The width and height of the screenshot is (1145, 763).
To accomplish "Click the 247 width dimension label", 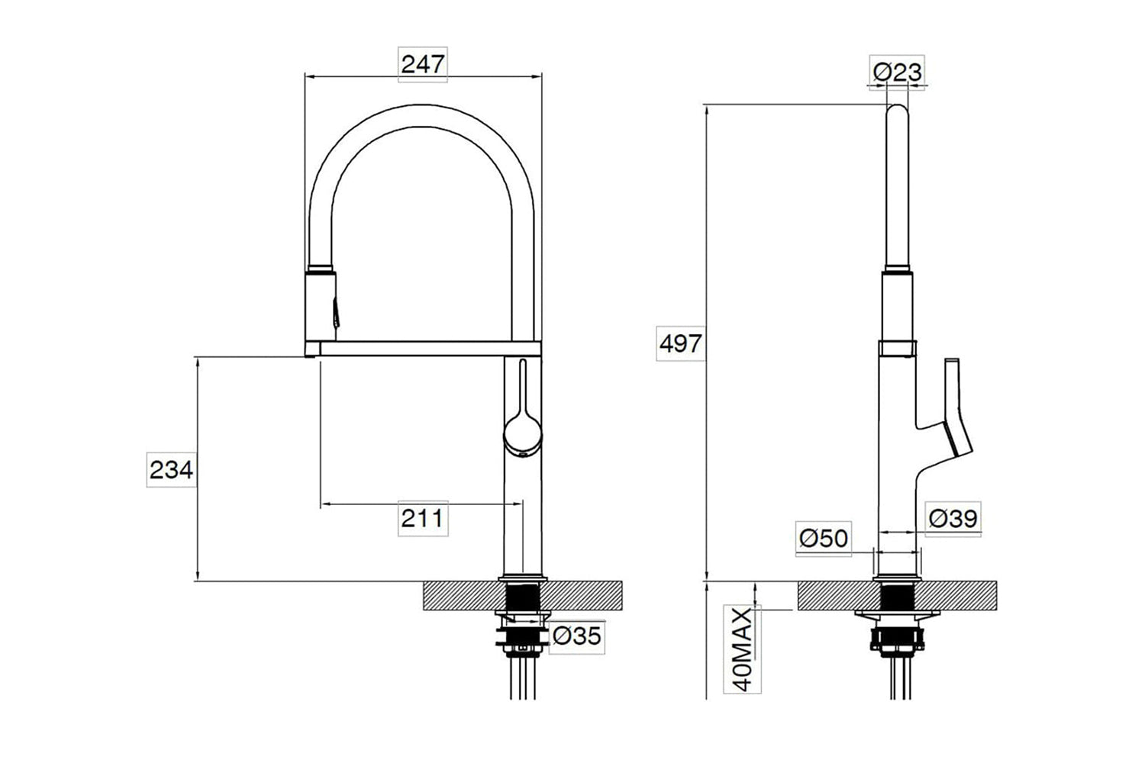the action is point(423,64).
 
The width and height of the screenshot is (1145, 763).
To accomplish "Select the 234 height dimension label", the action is point(171,470).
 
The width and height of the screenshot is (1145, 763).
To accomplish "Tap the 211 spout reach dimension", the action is point(423,518).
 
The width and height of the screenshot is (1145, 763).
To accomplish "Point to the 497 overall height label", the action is point(681,343).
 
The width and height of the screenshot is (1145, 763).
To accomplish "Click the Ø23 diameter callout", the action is point(897,72).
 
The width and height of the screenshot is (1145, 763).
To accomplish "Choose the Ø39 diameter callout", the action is point(953,519).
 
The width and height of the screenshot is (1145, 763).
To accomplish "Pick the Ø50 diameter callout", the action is point(824,538).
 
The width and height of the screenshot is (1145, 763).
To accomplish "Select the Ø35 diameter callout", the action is point(576,636).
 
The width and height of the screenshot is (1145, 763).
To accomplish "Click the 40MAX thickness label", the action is point(742,649).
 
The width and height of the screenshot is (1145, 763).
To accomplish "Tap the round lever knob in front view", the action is point(522,436).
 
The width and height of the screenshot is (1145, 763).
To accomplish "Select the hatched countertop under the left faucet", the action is point(522,596).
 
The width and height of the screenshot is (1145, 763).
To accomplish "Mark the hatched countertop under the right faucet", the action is point(897,596).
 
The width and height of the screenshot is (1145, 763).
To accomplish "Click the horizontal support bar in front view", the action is point(430,349).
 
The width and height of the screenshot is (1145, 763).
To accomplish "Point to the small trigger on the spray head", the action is point(336,313).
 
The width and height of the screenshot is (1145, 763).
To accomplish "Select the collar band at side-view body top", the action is point(897,349).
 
